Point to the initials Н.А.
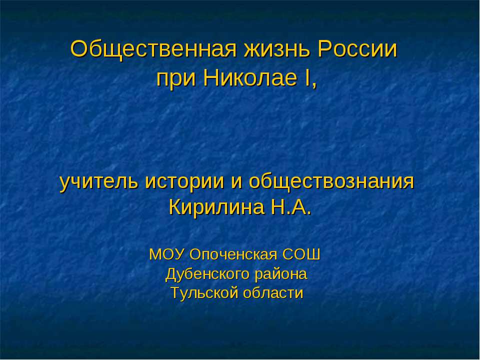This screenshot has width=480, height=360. coord(290,206)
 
